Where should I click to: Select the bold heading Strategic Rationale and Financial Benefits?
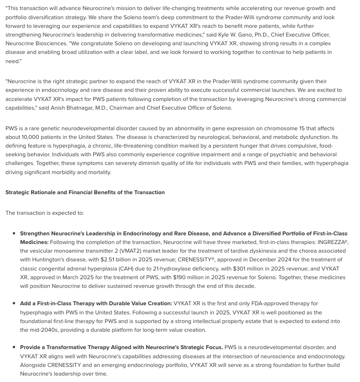point(85,192)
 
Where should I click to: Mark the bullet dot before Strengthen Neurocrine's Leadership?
point(14,233)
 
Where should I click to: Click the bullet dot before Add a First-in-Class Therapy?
point(14,303)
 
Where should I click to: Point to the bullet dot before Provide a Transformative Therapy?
point(14,348)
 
